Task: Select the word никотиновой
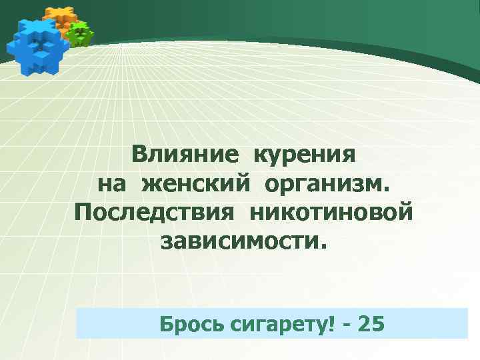coord(333,213)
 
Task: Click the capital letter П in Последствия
coord(83,213)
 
